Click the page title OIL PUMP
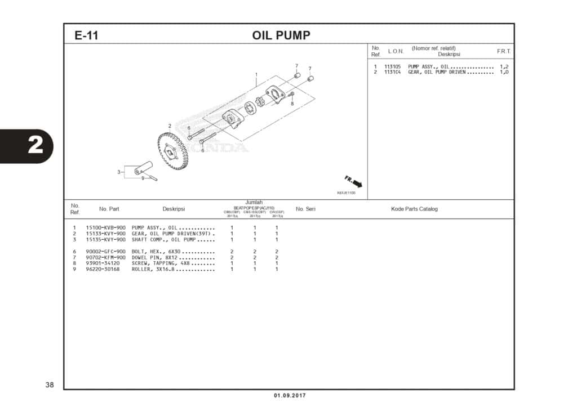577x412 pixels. [281, 35]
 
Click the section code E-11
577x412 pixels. [86, 35]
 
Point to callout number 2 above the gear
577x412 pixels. [169, 126]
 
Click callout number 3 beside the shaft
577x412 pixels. [119, 172]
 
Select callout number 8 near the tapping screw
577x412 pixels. [292, 104]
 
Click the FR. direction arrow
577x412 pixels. [354, 181]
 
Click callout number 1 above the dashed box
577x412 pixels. [256, 74]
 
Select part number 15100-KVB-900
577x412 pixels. [105, 227]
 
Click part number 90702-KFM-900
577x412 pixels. [105, 257]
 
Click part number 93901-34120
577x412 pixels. [103, 263]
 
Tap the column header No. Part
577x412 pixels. [109, 209]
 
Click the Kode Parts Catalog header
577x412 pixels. [414, 209]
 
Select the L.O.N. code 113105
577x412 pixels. [393, 67]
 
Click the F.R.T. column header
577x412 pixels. [503, 51]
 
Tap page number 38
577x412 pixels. [50, 385]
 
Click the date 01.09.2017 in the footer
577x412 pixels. [290, 396]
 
